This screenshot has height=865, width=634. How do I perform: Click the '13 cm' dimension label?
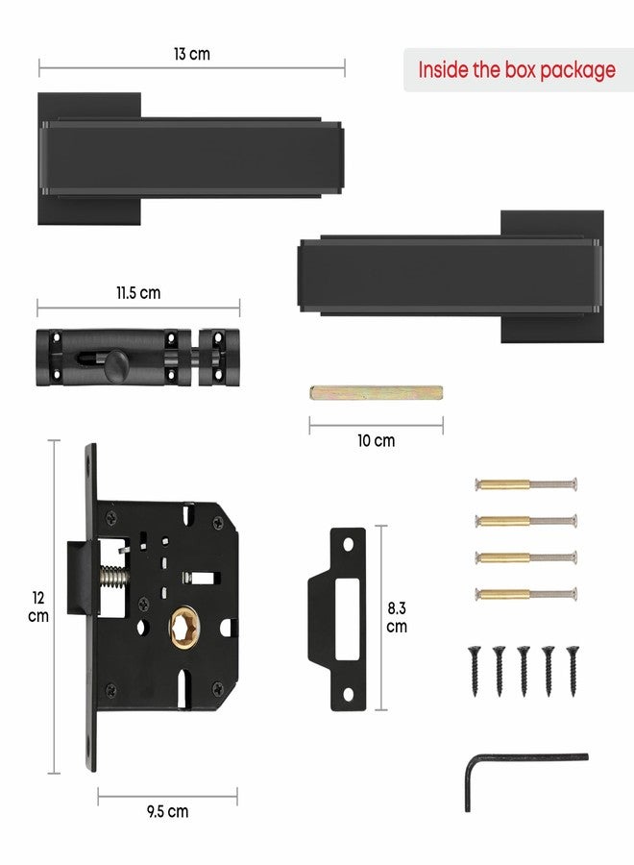(192, 54)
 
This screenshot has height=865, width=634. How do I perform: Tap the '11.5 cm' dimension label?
(138, 292)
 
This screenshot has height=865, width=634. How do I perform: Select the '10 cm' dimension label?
(376, 441)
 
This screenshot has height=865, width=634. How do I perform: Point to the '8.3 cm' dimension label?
(397, 617)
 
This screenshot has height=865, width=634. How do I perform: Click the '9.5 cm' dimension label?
(167, 811)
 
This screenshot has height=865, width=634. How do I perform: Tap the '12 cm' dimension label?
(38, 606)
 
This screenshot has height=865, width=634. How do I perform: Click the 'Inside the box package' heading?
(517, 70)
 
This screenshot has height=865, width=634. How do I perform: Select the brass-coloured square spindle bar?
(376, 393)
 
